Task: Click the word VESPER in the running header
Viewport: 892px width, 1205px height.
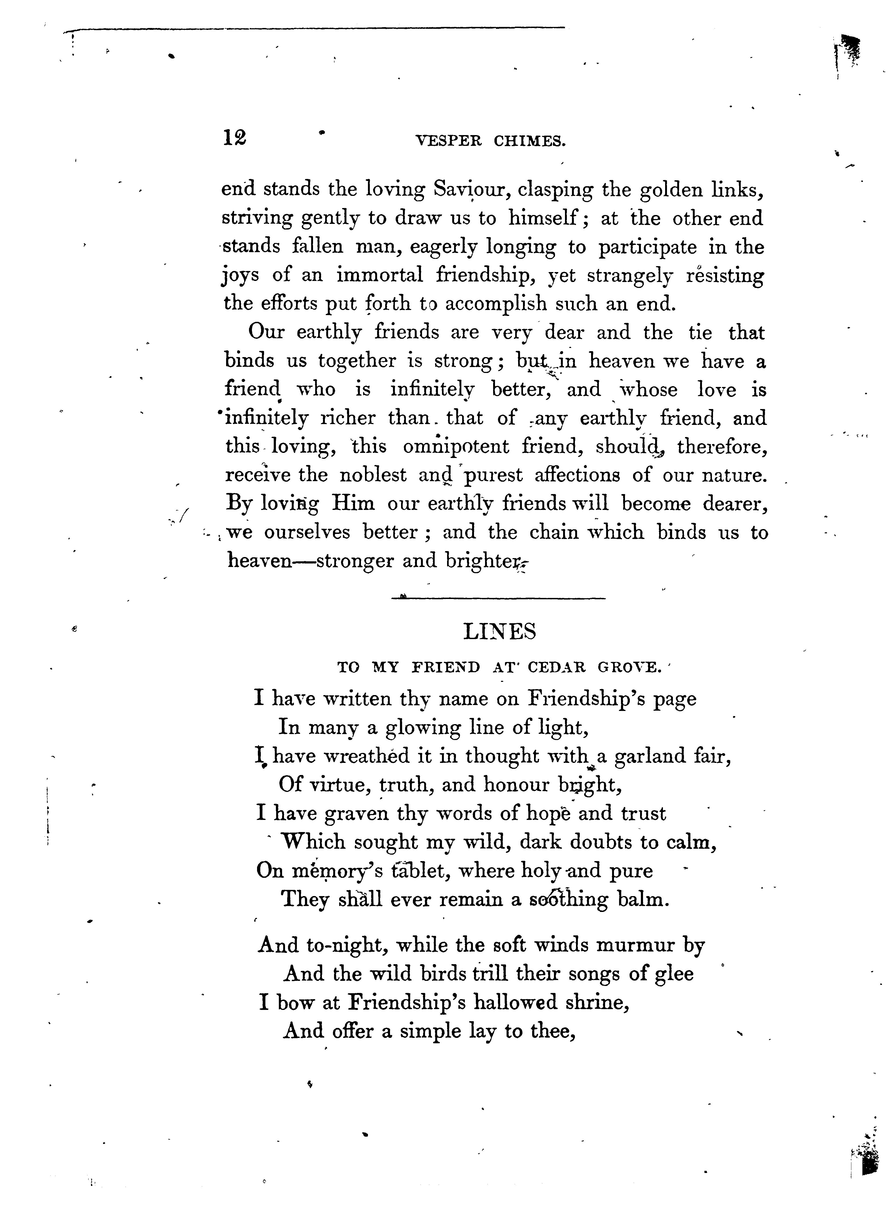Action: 448,142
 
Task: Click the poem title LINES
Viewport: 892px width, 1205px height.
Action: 500,632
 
